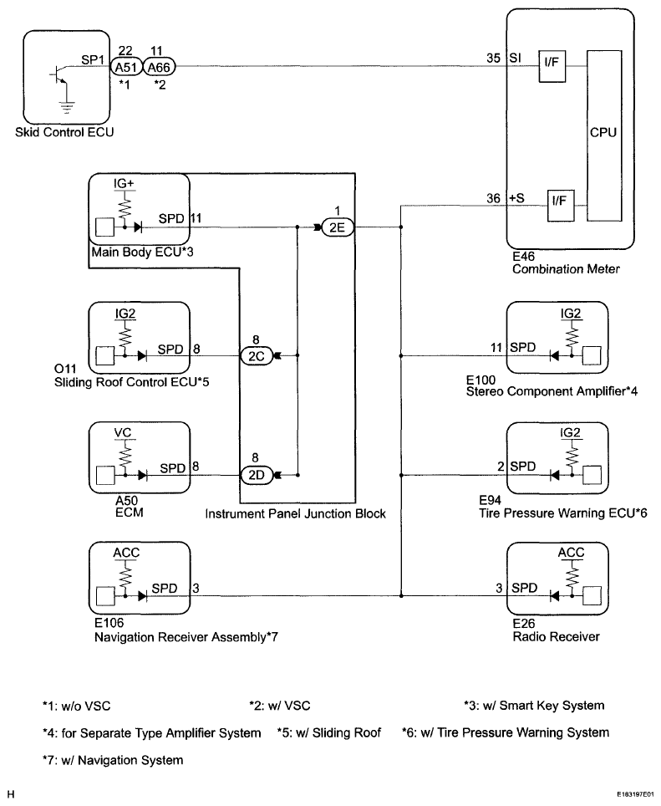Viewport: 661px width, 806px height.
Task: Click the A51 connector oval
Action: click(x=126, y=67)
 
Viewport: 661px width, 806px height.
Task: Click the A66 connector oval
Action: click(x=159, y=67)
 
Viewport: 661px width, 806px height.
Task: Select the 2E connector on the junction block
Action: click(x=338, y=227)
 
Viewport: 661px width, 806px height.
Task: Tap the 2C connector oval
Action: click(x=257, y=355)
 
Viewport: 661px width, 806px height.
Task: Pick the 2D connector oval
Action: click(x=257, y=476)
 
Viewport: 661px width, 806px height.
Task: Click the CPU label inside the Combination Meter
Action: click(x=603, y=133)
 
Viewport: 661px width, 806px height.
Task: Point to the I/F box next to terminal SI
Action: click(x=552, y=66)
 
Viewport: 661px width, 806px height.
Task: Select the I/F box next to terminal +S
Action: click(x=561, y=206)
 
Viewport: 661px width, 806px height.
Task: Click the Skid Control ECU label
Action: click(x=64, y=133)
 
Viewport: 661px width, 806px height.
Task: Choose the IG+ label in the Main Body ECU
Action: click(x=124, y=183)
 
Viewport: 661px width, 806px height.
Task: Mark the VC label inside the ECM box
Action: click(x=124, y=433)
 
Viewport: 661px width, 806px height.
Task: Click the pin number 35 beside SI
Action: click(x=494, y=58)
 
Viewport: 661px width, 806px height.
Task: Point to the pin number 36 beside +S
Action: click(x=494, y=198)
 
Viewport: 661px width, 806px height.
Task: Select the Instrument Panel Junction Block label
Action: click(x=295, y=514)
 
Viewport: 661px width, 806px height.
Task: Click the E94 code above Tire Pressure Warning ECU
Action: click(x=491, y=500)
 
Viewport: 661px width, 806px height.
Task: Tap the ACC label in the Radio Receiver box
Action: click(x=571, y=553)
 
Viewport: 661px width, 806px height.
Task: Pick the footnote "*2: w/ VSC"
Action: click(x=280, y=706)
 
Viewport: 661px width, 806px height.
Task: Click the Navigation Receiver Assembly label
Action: click(x=186, y=637)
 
